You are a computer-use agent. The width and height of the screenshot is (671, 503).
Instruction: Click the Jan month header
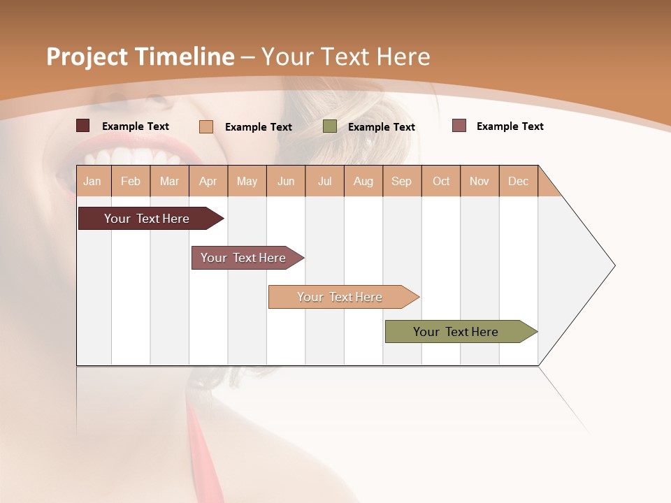93,181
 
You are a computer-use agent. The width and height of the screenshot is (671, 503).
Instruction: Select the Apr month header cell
208,181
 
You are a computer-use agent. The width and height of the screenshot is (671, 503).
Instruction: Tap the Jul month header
324,181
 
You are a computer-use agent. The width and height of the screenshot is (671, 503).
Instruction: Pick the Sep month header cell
401,181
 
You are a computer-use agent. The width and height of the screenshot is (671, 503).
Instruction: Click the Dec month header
518,181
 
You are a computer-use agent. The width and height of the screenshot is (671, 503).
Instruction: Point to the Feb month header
131,181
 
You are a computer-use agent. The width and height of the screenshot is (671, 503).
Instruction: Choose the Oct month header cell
441,181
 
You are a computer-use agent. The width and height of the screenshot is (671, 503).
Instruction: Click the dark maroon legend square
82,126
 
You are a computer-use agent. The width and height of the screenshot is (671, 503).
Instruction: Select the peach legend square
205,126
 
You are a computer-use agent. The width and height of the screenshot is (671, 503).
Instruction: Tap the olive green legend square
330,126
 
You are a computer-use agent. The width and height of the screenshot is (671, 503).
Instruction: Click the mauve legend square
459,126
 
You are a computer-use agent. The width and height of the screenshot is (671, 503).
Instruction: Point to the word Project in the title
87,57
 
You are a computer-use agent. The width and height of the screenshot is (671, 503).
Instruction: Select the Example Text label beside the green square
381,127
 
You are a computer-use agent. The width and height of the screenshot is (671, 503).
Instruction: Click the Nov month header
479,181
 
